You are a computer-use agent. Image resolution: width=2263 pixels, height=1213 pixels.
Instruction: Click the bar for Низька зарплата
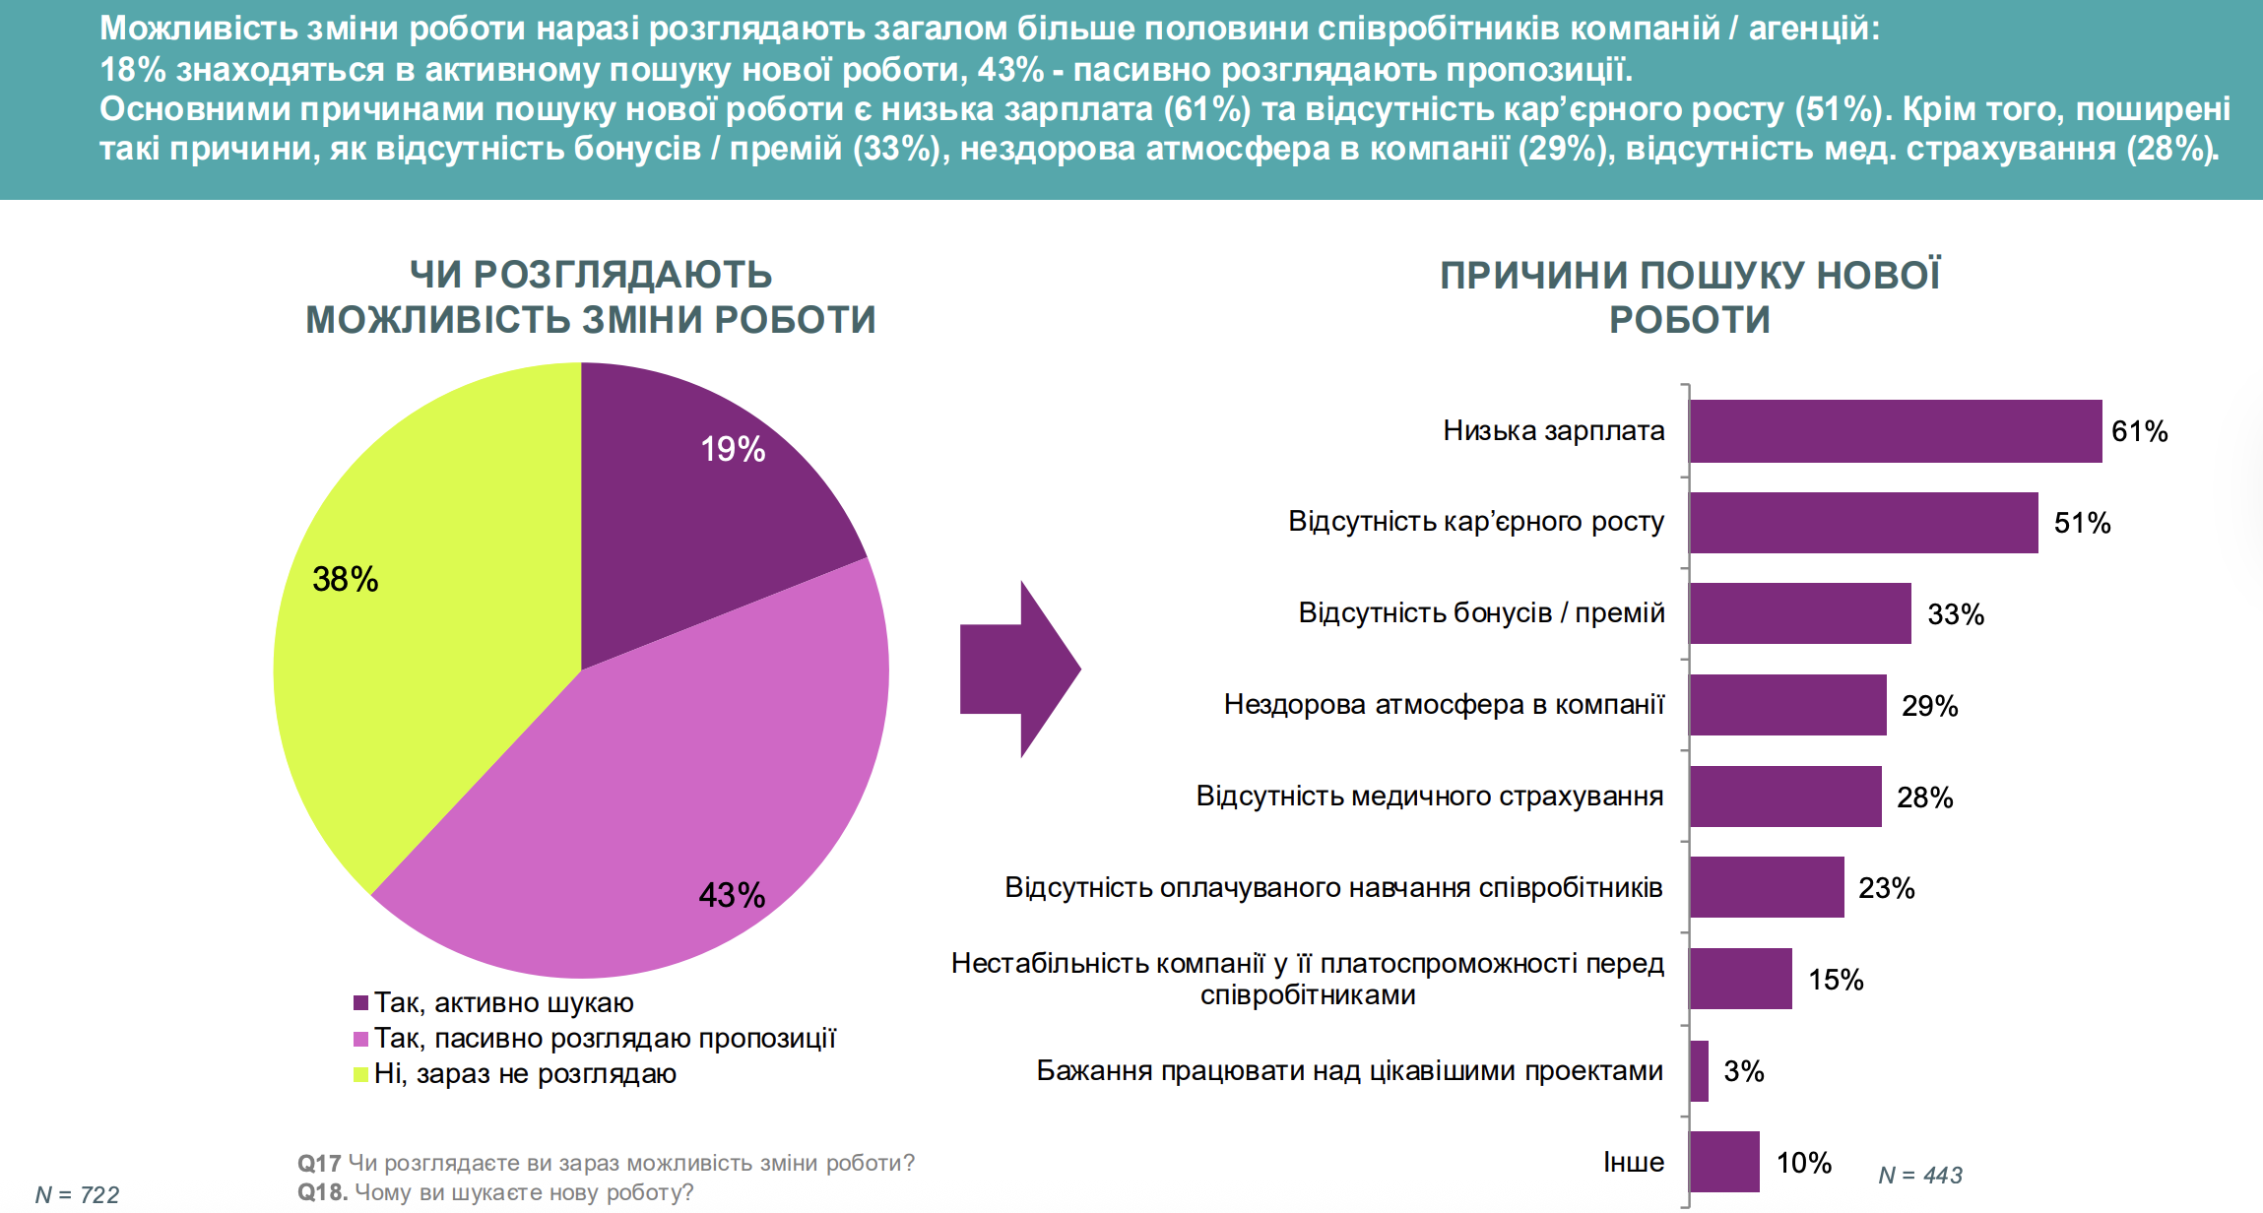click(1896, 431)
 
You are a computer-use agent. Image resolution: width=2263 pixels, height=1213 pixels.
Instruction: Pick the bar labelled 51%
click(1863, 523)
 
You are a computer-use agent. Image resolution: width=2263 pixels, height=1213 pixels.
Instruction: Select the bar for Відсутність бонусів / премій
click(1800, 613)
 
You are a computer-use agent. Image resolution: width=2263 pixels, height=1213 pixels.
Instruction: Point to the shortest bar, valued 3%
click(1700, 1071)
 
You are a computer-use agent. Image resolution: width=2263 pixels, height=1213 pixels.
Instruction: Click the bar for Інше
click(1724, 1162)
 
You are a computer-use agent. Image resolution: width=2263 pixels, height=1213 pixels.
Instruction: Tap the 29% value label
click(1929, 706)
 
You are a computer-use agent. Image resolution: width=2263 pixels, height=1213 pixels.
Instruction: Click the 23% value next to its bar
click(1886, 888)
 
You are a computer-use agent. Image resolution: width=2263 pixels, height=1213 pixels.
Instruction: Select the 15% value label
click(1836, 980)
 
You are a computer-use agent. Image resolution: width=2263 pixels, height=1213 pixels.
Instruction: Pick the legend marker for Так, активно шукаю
click(361, 1003)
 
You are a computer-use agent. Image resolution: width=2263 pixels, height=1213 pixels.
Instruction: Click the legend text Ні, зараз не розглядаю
click(525, 1074)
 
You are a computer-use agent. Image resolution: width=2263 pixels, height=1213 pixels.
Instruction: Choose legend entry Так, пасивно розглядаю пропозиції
click(605, 1039)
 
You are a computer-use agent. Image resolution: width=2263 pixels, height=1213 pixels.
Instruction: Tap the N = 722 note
click(77, 1194)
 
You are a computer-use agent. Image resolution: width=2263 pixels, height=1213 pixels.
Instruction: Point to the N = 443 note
click(1920, 1175)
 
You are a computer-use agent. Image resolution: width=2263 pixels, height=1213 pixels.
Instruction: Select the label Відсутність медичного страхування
click(1429, 796)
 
